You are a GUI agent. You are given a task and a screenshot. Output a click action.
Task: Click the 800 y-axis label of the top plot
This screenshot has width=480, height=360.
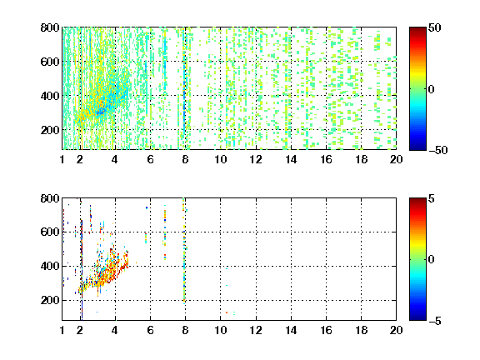click(x=50, y=27)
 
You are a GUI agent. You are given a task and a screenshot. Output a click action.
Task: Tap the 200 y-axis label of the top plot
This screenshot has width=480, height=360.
click(x=50, y=130)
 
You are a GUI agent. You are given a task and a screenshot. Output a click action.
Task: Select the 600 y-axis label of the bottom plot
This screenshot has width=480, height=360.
click(x=50, y=232)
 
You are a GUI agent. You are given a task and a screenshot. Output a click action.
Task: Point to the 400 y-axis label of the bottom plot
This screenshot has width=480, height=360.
click(x=50, y=266)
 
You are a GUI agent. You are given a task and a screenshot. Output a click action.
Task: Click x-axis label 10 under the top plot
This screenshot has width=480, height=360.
click(x=220, y=159)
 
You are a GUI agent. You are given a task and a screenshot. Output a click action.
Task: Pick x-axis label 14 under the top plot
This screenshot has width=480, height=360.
click(x=291, y=159)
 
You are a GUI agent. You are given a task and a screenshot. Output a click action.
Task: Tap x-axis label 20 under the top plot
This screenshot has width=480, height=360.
click(x=396, y=159)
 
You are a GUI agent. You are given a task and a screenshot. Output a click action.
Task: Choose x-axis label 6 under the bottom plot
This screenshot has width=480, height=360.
click(x=150, y=330)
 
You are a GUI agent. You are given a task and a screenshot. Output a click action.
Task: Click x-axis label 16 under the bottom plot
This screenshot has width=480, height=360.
click(x=326, y=330)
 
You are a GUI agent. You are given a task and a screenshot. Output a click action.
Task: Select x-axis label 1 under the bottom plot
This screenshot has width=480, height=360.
click(x=62, y=330)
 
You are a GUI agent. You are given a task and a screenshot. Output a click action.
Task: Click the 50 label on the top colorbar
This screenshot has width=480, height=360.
click(x=434, y=27)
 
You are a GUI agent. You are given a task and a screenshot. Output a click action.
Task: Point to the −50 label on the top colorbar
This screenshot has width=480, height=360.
click(x=437, y=150)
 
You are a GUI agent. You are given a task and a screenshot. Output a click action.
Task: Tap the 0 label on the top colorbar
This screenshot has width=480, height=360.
click(x=432, y=89)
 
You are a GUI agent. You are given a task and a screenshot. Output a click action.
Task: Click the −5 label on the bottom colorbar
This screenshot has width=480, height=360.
click(x=435, y=321)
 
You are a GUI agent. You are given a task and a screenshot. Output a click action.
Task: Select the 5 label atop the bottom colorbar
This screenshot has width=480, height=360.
click(x=432, y=198)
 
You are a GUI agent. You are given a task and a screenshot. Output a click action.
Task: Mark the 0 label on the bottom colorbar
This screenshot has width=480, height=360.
click(x=432, y=260)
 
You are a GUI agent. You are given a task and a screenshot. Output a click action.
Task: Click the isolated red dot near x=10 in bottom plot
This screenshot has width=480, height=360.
click(x=227, y=312)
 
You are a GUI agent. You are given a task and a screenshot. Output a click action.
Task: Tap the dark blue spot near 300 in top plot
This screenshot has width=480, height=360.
click(x=100, y=112)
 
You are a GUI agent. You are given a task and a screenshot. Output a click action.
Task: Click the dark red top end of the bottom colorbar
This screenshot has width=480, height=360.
click(x=417, y=200)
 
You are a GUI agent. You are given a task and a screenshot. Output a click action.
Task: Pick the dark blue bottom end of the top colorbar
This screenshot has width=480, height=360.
click(x=417, y=147)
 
